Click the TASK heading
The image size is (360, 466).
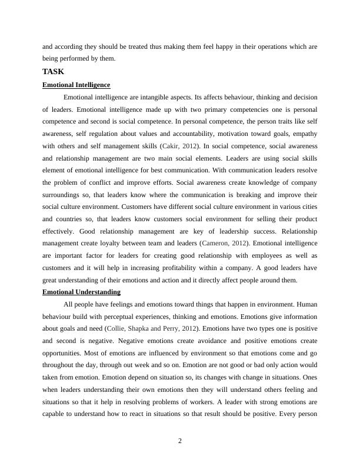pos(53,72)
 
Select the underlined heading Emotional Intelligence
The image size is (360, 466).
pos(76,85)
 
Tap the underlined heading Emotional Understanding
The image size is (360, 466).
pos(81,292)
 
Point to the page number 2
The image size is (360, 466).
pos(180,441)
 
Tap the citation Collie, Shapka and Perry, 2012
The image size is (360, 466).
pos(152,328)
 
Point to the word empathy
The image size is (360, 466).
pos(305,133)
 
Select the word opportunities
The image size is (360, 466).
pos(62,352)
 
